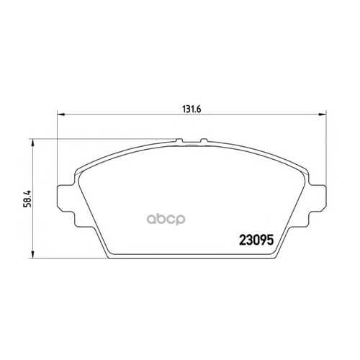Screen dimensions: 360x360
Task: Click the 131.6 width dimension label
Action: [192, 109]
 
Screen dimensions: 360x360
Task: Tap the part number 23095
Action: [256, 240]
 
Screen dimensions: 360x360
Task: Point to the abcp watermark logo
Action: [166, 219]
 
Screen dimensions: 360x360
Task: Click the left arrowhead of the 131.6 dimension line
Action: [61, 114]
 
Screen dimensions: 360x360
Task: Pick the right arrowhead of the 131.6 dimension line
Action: [322, 114]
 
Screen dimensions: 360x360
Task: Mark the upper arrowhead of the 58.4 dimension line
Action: [33, 143]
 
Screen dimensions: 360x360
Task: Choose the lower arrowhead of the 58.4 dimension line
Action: [33, 255]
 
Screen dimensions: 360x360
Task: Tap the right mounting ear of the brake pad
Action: [318, 197]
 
